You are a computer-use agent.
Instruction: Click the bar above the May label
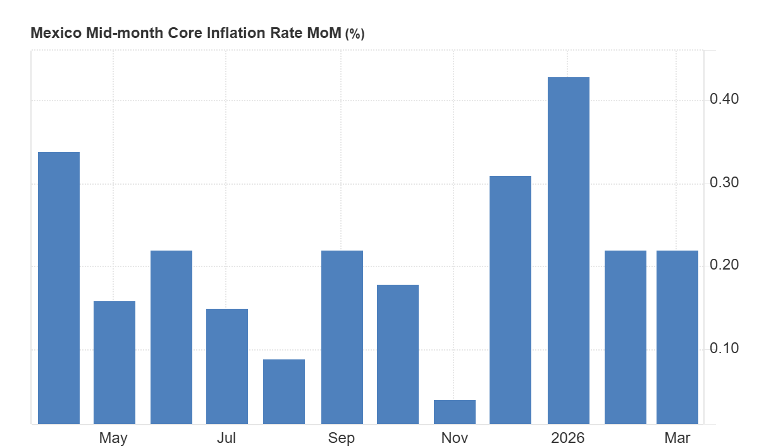(114, 362)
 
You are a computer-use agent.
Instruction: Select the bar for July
(227, 366)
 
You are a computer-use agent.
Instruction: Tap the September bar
(342, 337)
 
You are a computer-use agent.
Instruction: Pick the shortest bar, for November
(455, 411)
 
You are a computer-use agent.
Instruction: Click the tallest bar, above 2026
(569, 250)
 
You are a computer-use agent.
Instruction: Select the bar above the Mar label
(677, 337)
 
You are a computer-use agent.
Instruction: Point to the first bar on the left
(59, 287)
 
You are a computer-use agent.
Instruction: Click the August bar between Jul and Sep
(284, 391)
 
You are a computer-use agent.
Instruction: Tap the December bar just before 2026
(510, 299)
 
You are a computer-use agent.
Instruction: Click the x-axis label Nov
(455, 438)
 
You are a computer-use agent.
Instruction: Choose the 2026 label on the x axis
(568, 438)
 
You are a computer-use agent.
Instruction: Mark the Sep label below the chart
(342, 438)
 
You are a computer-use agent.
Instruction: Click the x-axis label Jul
(226, 438)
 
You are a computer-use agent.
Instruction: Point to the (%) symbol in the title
(354, 34)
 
